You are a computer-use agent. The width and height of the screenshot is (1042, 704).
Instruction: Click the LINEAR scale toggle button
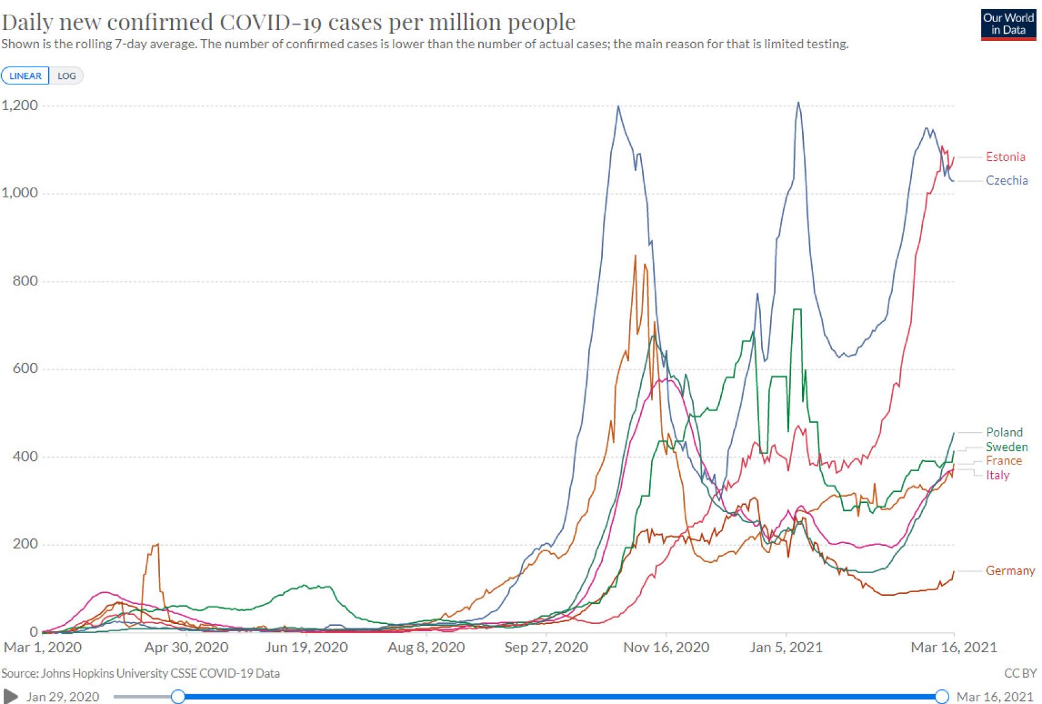pos(26,76)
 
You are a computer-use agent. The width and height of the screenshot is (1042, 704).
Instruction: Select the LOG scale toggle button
pos(67,76)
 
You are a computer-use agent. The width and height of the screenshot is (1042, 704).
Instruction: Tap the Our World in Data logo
pos(1008,24)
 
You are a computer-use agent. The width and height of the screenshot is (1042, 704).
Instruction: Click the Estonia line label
pos(1005,157)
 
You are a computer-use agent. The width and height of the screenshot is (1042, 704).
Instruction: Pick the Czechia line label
pos(1007,180)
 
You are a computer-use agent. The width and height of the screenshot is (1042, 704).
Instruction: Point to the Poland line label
pos(1004,432)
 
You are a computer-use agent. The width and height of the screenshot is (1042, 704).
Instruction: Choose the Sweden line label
pos(1007,447)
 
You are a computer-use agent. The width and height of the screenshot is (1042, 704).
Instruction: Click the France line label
pos(1004,461)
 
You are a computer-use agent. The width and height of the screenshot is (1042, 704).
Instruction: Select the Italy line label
pos(997,475)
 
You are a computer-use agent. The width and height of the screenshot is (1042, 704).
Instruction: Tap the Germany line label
pos(1010,571)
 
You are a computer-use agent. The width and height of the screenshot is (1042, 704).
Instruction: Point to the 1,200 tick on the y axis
pos(20,105)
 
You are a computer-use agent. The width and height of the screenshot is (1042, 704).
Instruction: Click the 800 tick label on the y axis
pos(25,280)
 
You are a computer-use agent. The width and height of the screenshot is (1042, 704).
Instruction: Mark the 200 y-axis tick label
pos(25,544)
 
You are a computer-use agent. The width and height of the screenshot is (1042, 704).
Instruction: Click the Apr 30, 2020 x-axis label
pos(186,647)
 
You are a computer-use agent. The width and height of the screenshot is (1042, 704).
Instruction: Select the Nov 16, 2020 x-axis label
pos(666,647)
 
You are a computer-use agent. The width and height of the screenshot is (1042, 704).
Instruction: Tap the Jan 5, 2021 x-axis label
pos(785,647)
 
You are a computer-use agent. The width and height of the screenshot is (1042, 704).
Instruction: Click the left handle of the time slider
pos(178,696)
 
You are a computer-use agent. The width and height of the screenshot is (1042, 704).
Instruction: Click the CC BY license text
pos(1020,673)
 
